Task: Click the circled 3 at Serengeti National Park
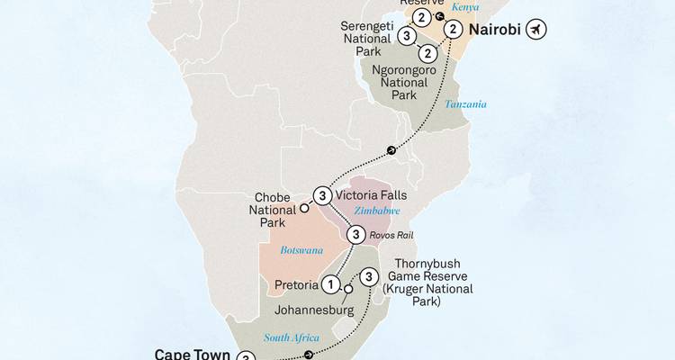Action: click(408, 36)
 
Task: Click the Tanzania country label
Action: click(464, 106)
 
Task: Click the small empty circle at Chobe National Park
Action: click(304, 208)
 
